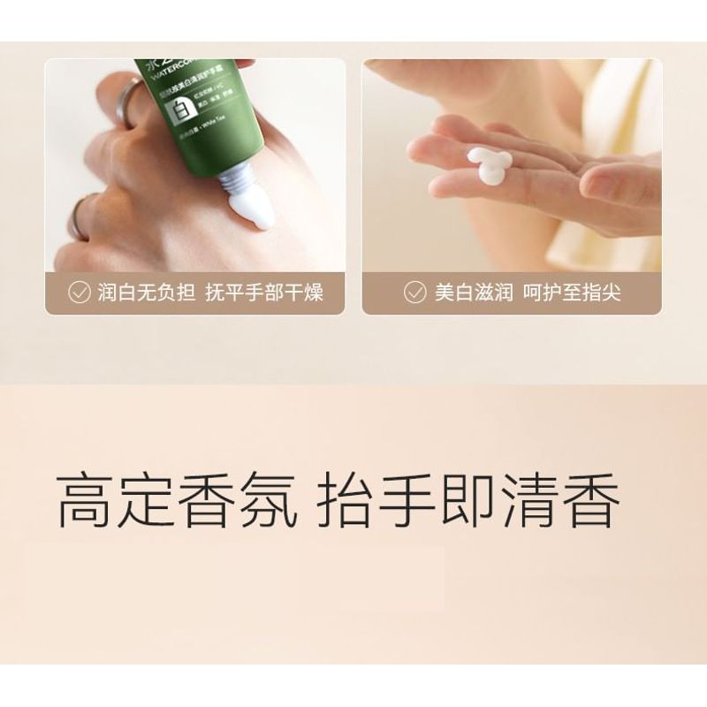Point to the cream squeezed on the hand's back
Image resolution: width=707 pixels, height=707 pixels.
pyautogui.click(x=250, y=212)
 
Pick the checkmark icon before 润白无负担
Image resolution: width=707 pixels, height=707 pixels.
pyautogui.click(x=79, y=293)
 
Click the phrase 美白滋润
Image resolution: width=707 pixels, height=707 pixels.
pyautogui.click(x=474, y=293)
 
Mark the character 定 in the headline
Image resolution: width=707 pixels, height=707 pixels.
pyautogui.click(x=148, y=500)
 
